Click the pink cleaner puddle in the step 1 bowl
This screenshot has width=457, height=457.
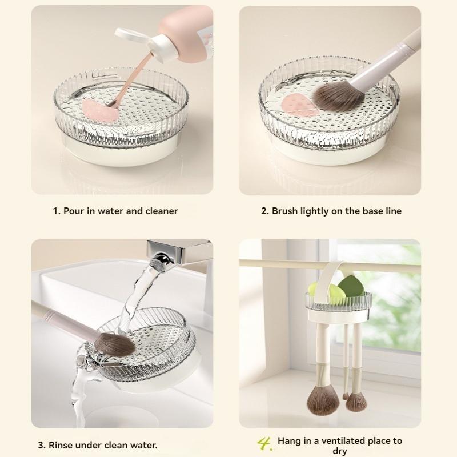(97, 107)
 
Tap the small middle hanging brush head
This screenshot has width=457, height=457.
(346, 394)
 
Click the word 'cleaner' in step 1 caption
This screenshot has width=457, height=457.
(160, 211)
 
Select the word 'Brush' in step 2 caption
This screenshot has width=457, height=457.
(284, 211)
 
